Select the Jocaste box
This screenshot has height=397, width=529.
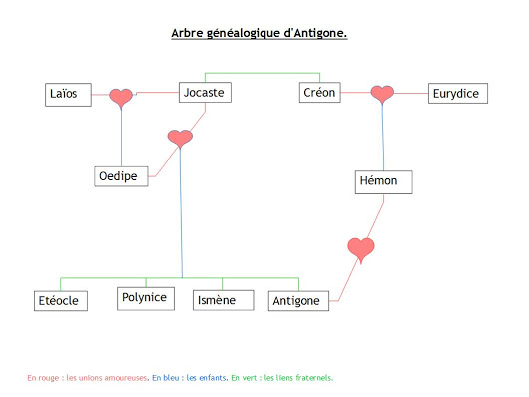point(206,93)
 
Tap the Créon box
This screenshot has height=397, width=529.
point(320,93)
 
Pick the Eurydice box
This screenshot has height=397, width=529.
point(456,94)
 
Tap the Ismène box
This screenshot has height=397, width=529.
point(221,299)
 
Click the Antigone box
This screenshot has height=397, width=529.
point(297,300)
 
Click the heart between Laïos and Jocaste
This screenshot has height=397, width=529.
point(121,97)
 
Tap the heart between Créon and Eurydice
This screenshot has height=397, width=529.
point(382,94)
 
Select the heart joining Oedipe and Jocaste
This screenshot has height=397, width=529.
point(180,139)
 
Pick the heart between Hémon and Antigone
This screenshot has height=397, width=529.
point(360,247)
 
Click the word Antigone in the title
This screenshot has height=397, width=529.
point(315,33)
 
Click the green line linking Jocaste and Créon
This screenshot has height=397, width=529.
point(263,73)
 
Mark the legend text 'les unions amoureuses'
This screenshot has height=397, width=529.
point(107,378)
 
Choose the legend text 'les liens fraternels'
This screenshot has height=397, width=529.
point(298,378)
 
